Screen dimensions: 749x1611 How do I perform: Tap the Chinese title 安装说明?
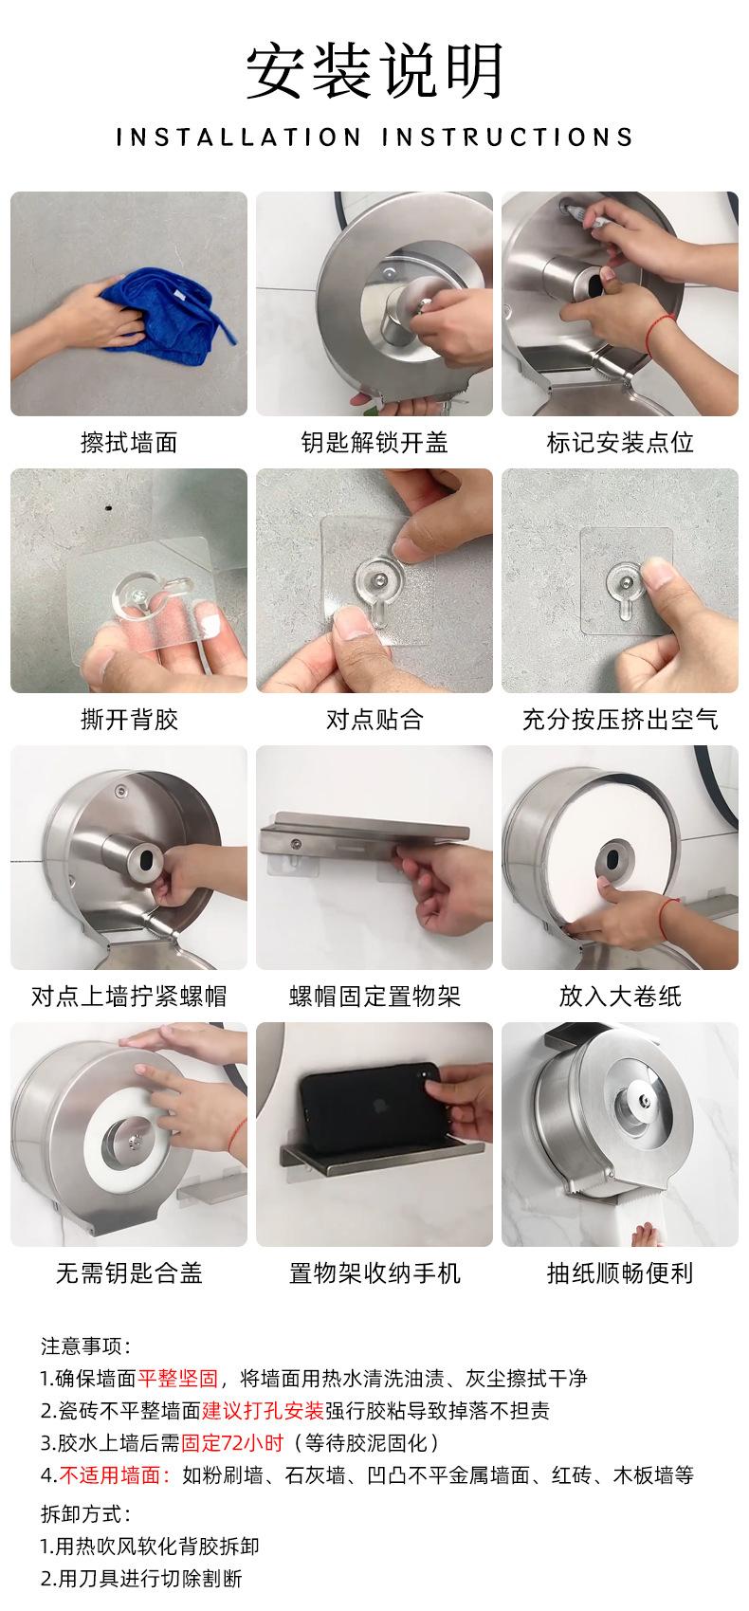[374, 71]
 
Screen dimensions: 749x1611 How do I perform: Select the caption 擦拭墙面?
[129, 442]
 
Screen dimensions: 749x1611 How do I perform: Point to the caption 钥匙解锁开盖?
[374, 442]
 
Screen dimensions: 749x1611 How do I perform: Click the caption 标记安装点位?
[620, 442]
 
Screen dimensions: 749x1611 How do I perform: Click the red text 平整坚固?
[178, 1378]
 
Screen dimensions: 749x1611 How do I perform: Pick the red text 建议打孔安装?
[263, 1410]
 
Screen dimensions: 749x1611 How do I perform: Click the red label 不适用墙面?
[115, 1475]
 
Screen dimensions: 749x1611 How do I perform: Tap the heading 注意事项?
[85, 1346]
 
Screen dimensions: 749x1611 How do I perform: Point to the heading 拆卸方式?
[85, 1514]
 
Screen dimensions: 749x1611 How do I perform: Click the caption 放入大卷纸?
[620, 996]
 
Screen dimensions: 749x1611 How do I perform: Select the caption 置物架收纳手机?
[374, 1273]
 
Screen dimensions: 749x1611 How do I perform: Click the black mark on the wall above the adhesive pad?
[108, 507]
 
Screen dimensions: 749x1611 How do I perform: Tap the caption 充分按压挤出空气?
[620, 719]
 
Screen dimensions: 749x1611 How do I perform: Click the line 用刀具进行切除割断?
[141, 1579]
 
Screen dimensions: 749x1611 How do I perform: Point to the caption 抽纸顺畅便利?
[620, 1273]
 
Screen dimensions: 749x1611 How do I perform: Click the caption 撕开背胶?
[129, 719]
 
